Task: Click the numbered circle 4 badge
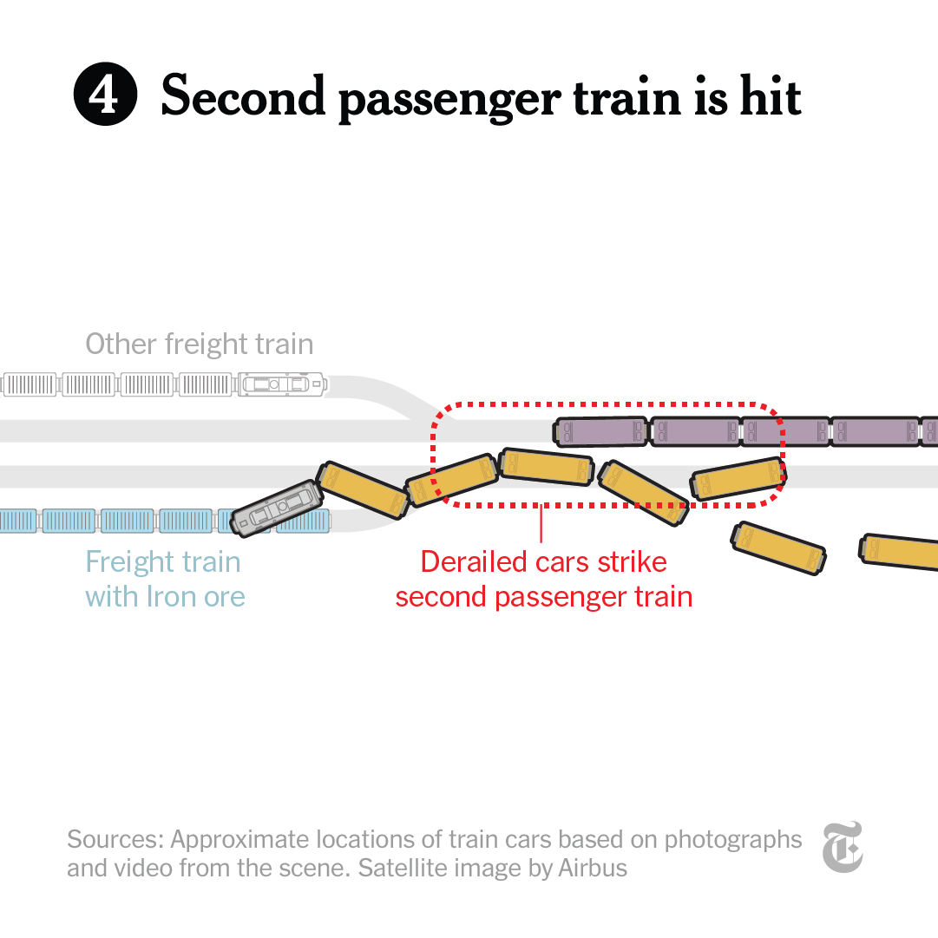pos(105,95)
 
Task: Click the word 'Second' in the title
pos(243,95)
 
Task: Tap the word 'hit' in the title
pos(770,95)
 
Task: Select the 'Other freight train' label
pos(199,344)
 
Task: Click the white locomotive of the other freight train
pos(280,384)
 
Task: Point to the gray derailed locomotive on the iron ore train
pos(277,507)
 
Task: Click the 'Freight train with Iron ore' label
pos(164,579)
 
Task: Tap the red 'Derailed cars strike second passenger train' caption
pos(544,579)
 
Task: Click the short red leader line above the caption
pos(541,523)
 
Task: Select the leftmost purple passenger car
pos(601,431)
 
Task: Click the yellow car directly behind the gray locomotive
pos(362,490)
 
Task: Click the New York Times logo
pos(843,847)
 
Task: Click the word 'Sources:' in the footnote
pos(115,840)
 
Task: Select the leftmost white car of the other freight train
pos(30,384)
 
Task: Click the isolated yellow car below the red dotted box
pos(778,548)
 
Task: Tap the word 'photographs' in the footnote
pos(733,840)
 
